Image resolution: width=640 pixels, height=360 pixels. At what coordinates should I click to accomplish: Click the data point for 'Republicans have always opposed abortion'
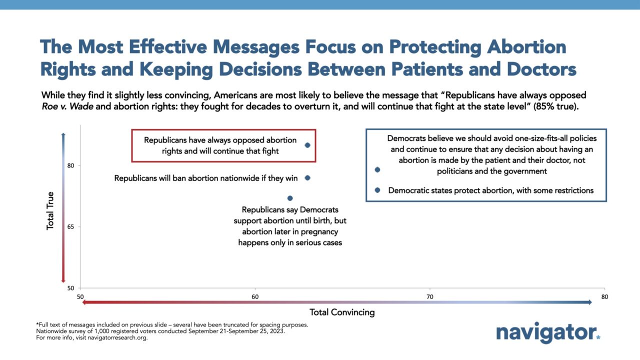click(307, 145)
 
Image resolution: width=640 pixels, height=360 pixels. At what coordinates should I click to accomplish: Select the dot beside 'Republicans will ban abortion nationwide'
click(307, 178)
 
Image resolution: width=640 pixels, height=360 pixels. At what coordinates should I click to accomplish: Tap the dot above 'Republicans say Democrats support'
click(290, 198)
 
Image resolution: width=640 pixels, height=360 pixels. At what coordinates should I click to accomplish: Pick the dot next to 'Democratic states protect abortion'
click(377, 190)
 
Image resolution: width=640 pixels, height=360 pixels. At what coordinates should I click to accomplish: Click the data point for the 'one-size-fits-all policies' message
click(377, 169)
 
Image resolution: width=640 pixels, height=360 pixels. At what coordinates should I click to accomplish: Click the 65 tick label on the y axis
click(70, 227)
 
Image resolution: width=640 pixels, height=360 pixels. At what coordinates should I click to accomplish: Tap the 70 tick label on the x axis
click(430, 297)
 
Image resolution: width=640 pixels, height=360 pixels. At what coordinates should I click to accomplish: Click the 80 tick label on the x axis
click(604, 297)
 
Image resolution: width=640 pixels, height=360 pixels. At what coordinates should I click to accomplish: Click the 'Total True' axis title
click(50, 210)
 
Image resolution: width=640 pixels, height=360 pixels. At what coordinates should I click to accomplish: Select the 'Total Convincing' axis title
click(342, 312)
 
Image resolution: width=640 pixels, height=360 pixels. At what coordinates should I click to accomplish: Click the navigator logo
click(548, 333)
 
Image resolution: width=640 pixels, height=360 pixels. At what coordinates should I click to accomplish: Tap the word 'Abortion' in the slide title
click(526, 47)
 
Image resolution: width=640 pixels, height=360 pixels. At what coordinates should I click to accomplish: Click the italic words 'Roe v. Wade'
click(67, 106)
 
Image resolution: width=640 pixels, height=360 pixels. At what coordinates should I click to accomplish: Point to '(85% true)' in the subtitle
click(555, 106)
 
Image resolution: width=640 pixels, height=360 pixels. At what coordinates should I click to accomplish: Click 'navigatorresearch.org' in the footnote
click(117, 337)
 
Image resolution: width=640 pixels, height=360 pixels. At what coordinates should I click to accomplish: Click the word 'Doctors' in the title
click(541, 69)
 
